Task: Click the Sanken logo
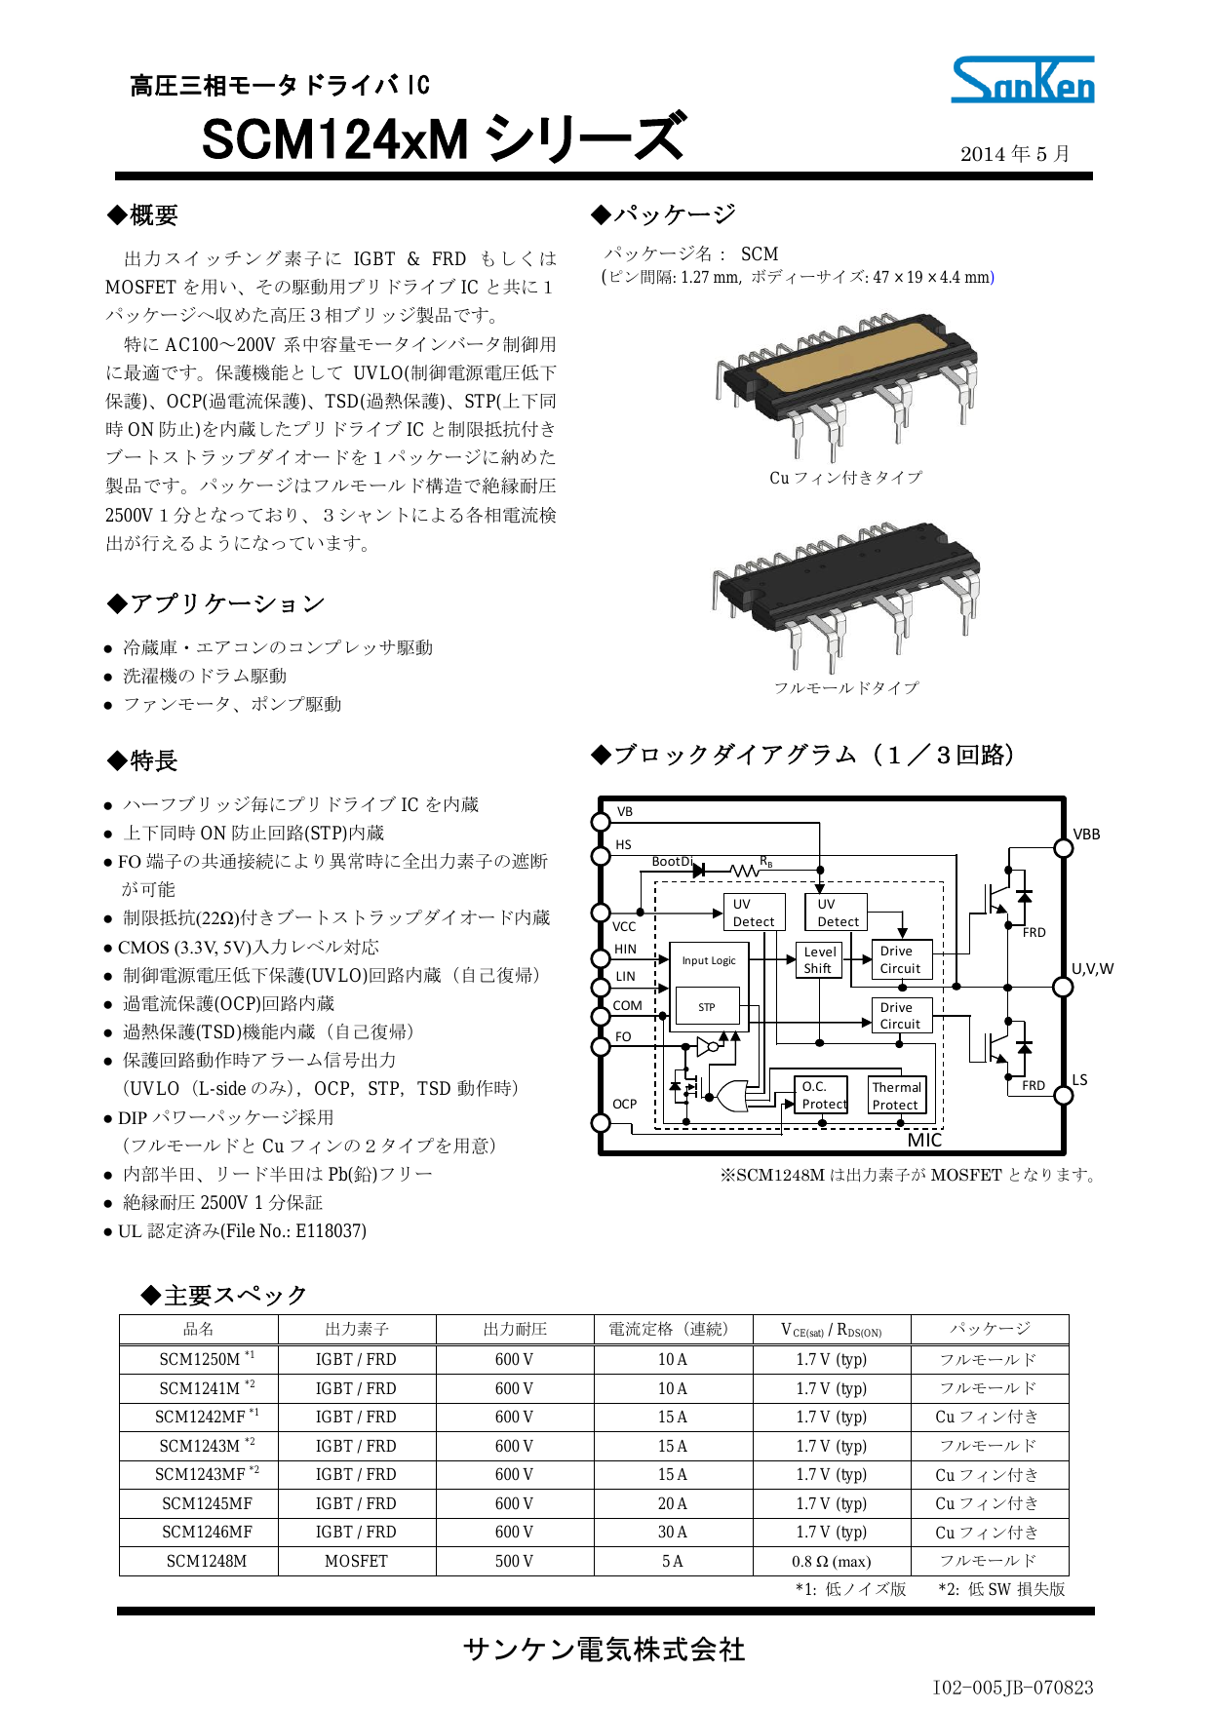pyautogui.click(x=1022, y=80)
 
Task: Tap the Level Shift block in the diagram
pyautogui.click(x=819, y=960)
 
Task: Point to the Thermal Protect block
pyautogui.click(x=896, y=1096)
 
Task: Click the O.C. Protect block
pyautogui.click(x=823, y=1096)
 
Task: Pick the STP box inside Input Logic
pyautogui.click(x=707, y=1007)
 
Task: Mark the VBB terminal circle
pyautogui.click(x=1064, y=848)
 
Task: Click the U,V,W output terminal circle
pyautogui.click(x=1064, y=987)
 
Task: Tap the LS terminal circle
pyautogui.click(x=1064, y=1096)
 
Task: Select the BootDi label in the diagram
pyautogui.click(x=672, y=861)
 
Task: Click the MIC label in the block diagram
pyautogui.click(x=924, y=1140)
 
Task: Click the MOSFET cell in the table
pyautogui.click(x=357, y=1561)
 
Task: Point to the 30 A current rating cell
pyautogui.click(x=673, y=1532)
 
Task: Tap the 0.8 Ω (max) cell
pyautogui.click(x=831, y=1561)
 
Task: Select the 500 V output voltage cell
pyautogui.click(x=514, y=1561)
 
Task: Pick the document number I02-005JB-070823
pyautogui.click(x=1012, y=1687)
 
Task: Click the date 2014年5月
pyautogui.click(x=1015, y=154)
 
